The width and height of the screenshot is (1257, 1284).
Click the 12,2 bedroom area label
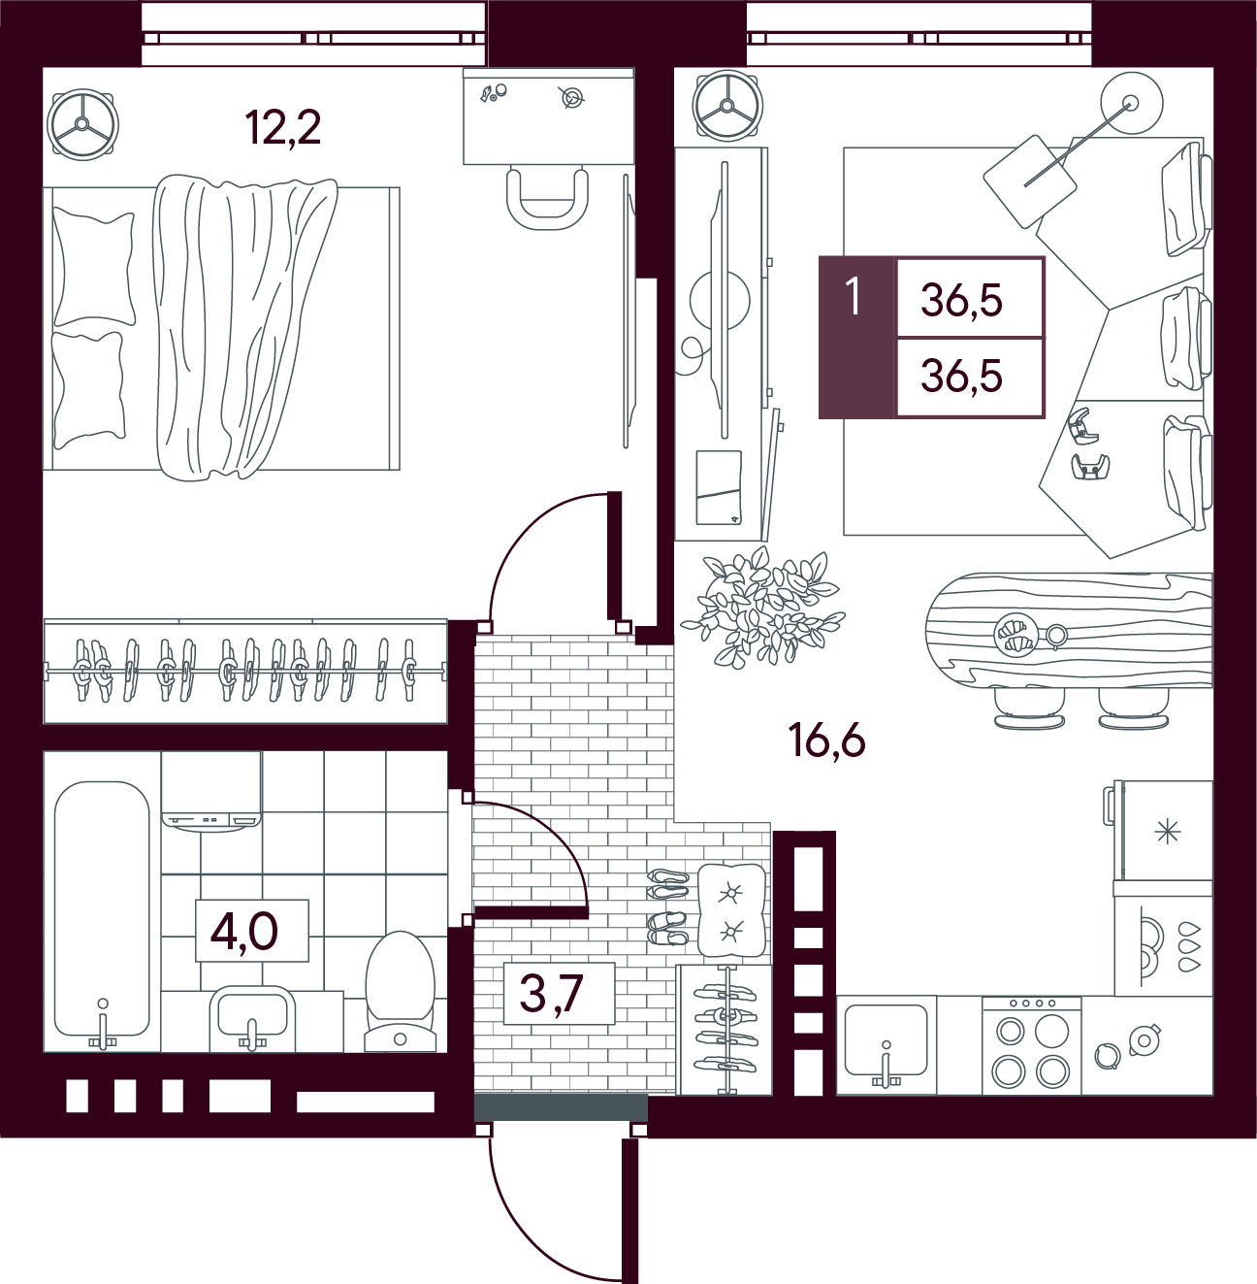(283, 129)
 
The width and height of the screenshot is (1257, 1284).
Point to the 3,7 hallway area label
(552, 992)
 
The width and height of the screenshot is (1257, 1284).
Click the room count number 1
(853, 297)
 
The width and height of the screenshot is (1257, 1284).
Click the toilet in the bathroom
(401, 992)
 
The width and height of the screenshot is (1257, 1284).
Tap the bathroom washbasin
(252, 1017)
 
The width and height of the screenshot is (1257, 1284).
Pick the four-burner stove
(1031, 1045)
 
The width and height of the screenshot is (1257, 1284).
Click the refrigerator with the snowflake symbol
(1162, 831)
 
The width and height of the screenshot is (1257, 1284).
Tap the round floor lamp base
(1131, 104)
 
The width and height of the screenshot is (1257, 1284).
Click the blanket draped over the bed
(244, 326)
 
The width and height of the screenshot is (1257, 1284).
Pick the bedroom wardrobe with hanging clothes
(245, 671)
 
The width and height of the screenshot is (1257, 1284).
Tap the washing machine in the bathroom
(211, 792)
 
